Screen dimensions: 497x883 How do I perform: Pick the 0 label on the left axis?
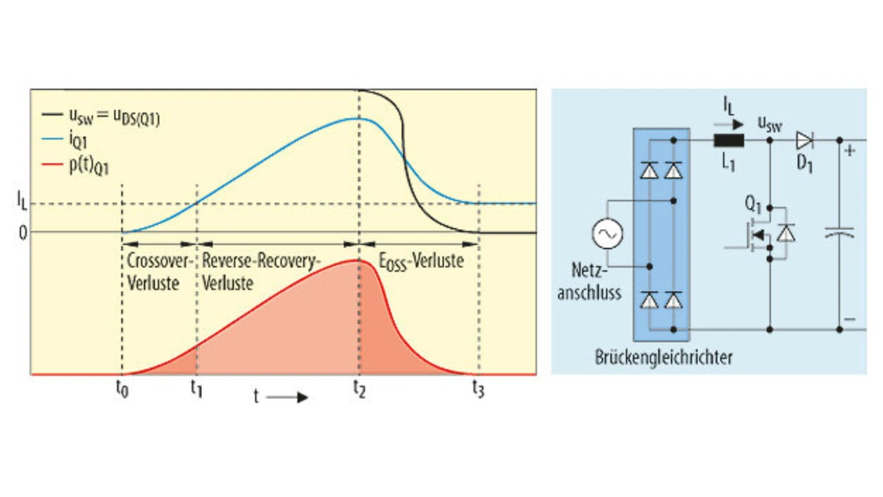click(x=23, y=232)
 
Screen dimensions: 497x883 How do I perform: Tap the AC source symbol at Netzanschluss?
click(x=607, y=234)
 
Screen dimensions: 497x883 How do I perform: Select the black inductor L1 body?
click(x=728, y=141)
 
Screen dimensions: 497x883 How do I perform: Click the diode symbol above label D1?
click(x=804, y=141)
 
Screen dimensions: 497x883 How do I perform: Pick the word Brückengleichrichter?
click(x=663, y=358)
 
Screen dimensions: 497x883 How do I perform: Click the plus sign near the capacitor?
click(x=849, y=150)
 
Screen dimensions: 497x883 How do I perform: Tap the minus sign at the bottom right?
click(x=849, y=319)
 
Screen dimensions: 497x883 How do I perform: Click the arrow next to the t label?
click(x=286, y=398)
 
